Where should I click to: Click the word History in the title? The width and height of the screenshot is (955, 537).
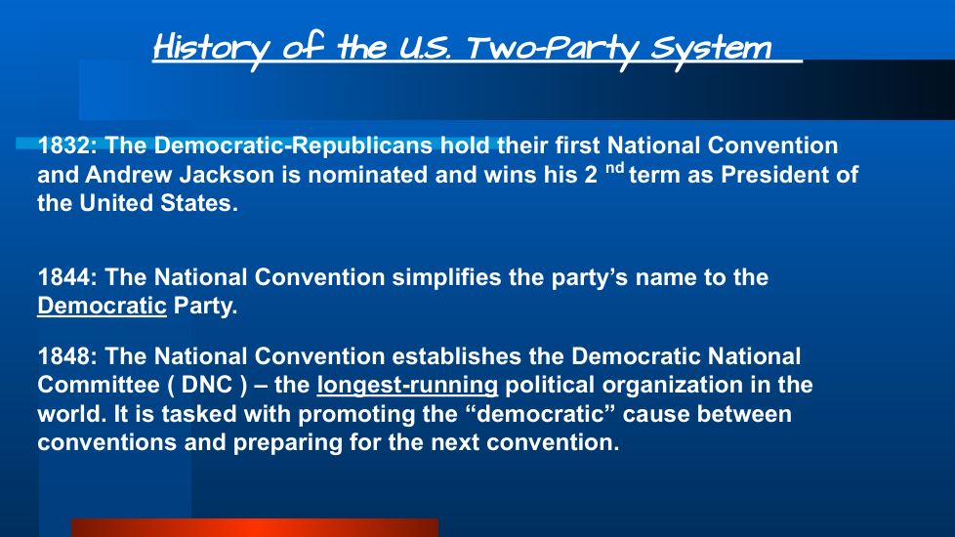click(211, 48)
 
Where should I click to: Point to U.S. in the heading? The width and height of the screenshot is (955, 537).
click(425, 49)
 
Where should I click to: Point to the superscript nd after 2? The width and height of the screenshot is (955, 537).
click(614, 167)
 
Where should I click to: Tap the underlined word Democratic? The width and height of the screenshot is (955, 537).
click(102, 306)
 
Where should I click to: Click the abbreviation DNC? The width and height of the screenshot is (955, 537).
click(207, 386)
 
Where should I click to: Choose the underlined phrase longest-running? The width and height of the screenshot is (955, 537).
click(407, 386)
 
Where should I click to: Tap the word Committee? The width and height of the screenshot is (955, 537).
click(98, 386)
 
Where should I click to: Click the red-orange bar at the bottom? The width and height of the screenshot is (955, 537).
click(255, 528)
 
